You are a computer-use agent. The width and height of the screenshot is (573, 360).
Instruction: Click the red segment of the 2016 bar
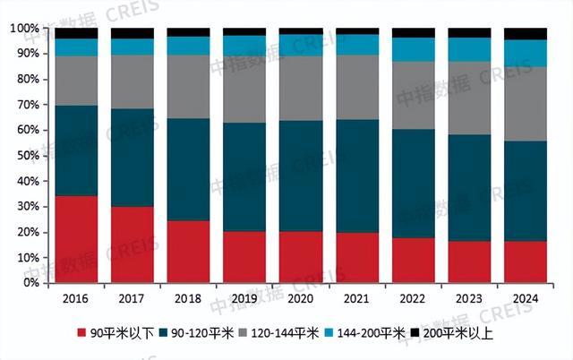click(x=76, y=239)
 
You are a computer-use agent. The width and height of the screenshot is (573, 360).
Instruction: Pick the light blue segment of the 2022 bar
click(x=413, y=49)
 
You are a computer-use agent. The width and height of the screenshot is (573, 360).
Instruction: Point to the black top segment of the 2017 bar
click(x=132, y=33)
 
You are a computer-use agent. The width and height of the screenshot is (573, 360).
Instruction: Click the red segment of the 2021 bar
click(x=357, y=258)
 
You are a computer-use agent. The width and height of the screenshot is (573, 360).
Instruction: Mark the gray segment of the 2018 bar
click(x=188, y=87)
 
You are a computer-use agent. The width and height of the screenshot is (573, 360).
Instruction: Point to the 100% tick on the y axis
click(x=24, y=29)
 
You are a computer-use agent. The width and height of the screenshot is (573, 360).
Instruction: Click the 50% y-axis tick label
click(x=27, y=156)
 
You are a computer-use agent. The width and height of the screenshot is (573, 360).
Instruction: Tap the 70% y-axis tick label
click(x=27, y=105)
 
